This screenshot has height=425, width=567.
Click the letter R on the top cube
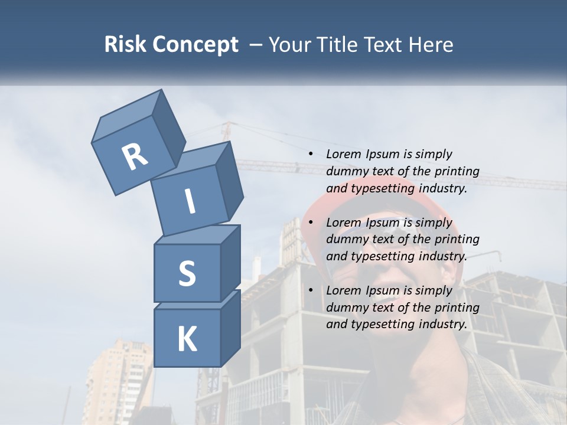click(x=135, y=156)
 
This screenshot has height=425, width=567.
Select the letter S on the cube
click(x=187, y=273)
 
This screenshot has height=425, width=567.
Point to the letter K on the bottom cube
click(x=187, y=339)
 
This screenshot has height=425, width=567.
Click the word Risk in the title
click(x=126, y=44)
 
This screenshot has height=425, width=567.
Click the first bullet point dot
click(x=311, y=155)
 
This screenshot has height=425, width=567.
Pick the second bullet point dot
click(x=311, y=223)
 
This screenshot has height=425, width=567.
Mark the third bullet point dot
click(x=311, y=291)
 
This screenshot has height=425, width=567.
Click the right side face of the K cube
click(x=230, y=328)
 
